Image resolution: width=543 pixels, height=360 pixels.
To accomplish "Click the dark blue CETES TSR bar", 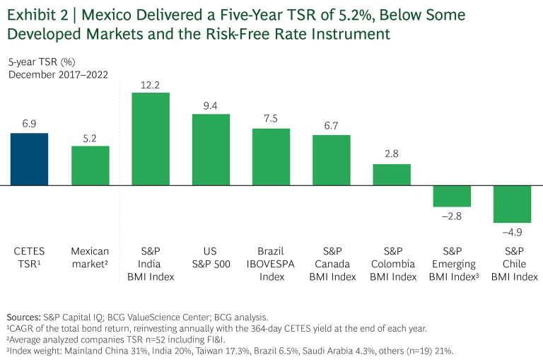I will (x=29, y=159).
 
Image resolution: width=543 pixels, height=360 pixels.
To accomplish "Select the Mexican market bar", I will (x=90, y=166).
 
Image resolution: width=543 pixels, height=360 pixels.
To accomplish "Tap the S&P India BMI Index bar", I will (x=151, y=139).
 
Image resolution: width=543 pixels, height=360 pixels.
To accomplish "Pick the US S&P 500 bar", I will (x=211, y=150).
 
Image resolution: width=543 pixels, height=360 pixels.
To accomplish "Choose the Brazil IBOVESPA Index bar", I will (x=271, y=157).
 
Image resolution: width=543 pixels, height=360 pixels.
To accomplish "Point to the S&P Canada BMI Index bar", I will (x=332, y=160).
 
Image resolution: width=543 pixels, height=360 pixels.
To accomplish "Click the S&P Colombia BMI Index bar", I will (x=392, y=175).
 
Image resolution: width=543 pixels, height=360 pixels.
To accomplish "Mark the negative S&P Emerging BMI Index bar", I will (x=452, y=196).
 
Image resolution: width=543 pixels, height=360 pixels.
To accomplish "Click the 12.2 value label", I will (x=151, y=85).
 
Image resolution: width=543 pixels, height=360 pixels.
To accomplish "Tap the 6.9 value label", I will (x=29, y=124).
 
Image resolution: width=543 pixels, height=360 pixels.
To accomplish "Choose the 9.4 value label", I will (x=211, y=105).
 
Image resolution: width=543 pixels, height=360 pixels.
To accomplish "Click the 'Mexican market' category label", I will (x=90, y=257).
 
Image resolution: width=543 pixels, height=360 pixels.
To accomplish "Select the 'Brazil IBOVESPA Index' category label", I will (x=271, y=264).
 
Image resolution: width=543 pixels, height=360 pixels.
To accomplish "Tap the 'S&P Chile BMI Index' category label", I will (x=513, y=264).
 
